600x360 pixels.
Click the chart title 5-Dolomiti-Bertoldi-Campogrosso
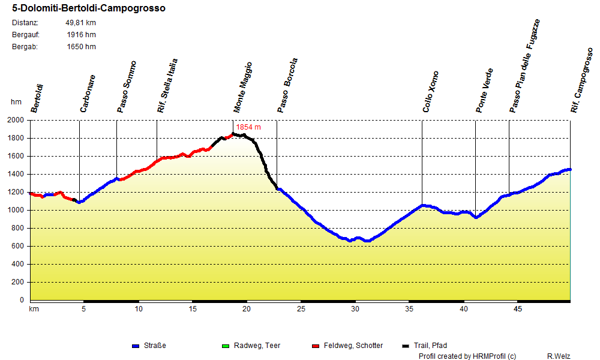click(x=89, y=9)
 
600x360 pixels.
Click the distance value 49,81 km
click(x=80, y=23)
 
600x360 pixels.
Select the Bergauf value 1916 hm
click(x=81, y=35)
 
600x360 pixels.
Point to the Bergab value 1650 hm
click(x=81, y=47)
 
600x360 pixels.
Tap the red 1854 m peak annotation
click(x=248, y=127)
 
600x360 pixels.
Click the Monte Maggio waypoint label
click(x=243, y=88)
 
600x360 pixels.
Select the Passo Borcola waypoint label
click(x=287, y=86)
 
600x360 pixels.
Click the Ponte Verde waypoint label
click(x=484, y=91)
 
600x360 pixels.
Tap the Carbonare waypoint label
click(x=88, y=94)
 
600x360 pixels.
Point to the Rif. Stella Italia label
click(x=167, y=86)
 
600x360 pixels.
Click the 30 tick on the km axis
click(x=355, y=309)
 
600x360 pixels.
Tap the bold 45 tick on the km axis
click(x=518, y=309)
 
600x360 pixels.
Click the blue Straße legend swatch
click(x=136, y=346)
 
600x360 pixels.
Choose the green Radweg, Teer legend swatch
click(x=226, y=346)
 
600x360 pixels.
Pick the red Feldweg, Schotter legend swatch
click(x=316, y=346)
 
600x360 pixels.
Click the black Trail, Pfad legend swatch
click(x=406, y=346)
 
